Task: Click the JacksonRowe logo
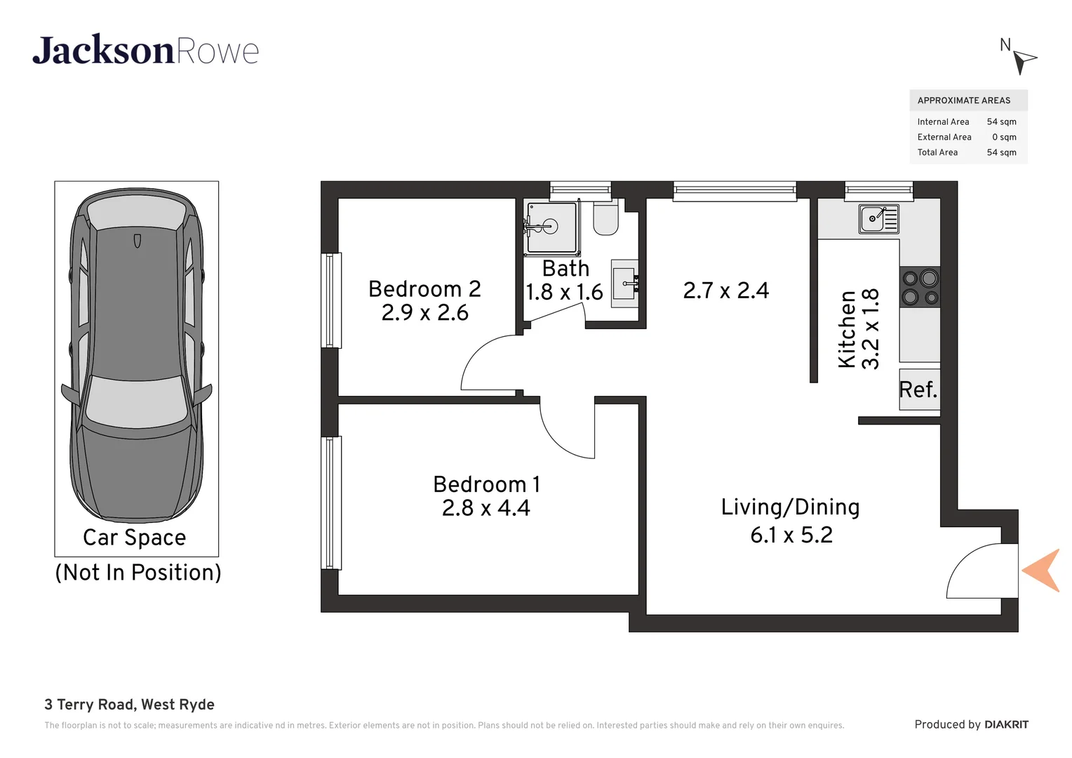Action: click(145, 51)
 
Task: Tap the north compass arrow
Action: click(1024, 61)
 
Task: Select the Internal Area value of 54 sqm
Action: click(1001, 121)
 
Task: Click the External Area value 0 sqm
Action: click(1003, 137)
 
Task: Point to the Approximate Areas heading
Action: click(963, 100)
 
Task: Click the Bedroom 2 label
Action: click(424, 289)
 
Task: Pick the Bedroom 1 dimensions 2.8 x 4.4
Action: click(485, 508)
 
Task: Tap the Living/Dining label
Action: click(790, 507)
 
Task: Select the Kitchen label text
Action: click(847, 329)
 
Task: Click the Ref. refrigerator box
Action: click(919, 390)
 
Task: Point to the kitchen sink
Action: click(878, 219)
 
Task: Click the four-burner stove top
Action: click(920, 288)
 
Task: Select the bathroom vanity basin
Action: click(624, 284)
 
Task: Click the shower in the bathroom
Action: click(551, 227)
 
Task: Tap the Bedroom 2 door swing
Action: click(490, 364)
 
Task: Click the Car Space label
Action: click(135, 538)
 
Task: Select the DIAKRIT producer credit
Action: click(1005, 724)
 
